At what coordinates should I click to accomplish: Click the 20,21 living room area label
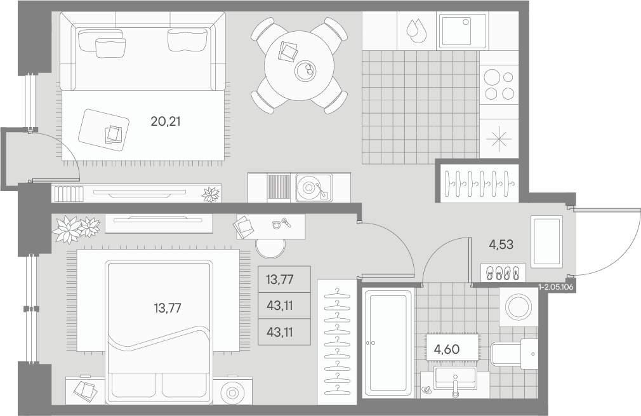click(166, 121)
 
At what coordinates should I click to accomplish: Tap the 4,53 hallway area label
click(501, 245)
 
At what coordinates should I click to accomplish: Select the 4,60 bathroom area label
click(447, 349)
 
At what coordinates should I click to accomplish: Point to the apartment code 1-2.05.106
click(557, 287)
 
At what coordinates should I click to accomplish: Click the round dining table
click(300, 65)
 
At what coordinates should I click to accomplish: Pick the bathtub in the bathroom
click(388, 343)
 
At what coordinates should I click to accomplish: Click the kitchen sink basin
click(463, 30)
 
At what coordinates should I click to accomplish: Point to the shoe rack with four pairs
click(503, 273)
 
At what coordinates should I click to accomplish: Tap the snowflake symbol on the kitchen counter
click(499, 138)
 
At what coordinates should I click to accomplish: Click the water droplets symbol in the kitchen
click(416, 30)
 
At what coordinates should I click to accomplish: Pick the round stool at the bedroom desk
click(270, 248)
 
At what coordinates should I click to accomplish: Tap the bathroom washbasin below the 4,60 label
click(454, 379)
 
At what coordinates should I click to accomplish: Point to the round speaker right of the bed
click(232, 393)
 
